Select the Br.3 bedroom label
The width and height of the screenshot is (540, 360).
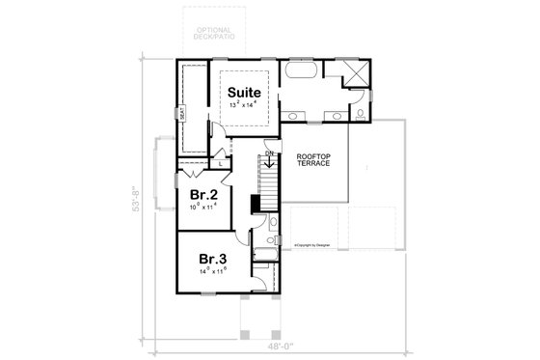[214, 259]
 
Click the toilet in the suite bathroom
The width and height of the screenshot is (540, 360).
[359, 115]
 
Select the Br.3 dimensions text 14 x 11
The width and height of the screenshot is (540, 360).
[214, 273]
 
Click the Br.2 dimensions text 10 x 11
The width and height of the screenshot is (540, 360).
[203, 207]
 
